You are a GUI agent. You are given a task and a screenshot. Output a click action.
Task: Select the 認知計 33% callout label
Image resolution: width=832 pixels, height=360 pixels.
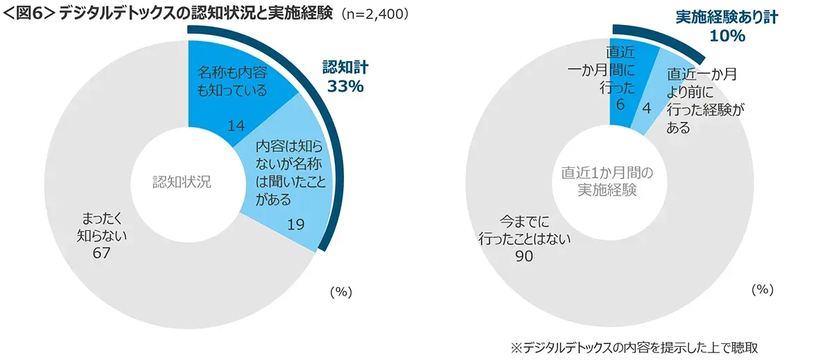345,76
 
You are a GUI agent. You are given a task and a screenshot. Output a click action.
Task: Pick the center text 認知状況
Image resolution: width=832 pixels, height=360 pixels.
181,182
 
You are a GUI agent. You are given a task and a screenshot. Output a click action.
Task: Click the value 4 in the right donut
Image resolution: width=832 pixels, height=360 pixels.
646,108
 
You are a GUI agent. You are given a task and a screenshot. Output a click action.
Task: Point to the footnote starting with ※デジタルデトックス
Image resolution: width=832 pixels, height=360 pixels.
638,347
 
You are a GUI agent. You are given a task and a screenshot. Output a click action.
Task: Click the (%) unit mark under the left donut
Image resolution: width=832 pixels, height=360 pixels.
340,292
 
